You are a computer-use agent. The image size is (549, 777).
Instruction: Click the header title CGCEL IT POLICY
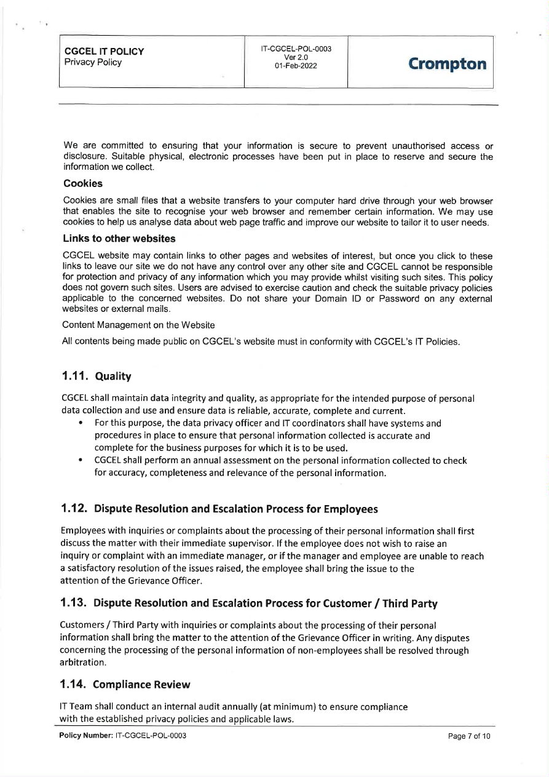[104, 52]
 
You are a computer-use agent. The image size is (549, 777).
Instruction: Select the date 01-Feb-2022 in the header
[296, 66]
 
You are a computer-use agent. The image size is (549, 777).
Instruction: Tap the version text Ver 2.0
[296, 57]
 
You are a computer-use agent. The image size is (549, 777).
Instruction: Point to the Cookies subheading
[83, 183]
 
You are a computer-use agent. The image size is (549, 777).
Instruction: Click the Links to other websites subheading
[119, 238]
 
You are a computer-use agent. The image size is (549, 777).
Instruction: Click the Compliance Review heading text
[142, 684]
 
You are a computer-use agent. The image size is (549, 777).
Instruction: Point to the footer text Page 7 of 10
[469, 736]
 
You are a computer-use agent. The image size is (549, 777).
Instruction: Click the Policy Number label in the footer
[82, 736]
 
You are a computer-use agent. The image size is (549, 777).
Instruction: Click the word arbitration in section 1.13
[84, 663]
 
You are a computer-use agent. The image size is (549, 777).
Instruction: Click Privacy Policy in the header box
[93, 62]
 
